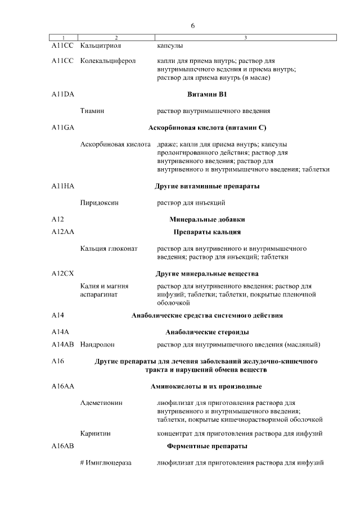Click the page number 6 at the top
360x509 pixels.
pyautogui.click(x=192, y=25)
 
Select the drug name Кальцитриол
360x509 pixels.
pyautogui.click(x=101, y=46)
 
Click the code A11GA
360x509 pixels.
pyautogui.click(x=62, y=128)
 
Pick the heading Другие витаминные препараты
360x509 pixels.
pyautogui.click(x=206, y=186)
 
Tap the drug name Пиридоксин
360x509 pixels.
pyautogui.click(x=100, y=202)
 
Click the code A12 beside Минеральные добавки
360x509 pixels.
pyautogui.click(x=57, y=219)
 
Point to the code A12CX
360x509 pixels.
pyautogui.click(x=62, y=274)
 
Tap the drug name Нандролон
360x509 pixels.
pyautogui.click(x=98, y=344)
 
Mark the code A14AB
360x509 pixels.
pyautogui.click(x=62, y=344)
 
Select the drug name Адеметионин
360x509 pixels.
pyautogui.click(x=102, y=403)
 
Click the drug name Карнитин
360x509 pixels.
pyautogui.click(x=96, y=434)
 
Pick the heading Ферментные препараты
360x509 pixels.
pyautogui.click(x=206, y=446)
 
